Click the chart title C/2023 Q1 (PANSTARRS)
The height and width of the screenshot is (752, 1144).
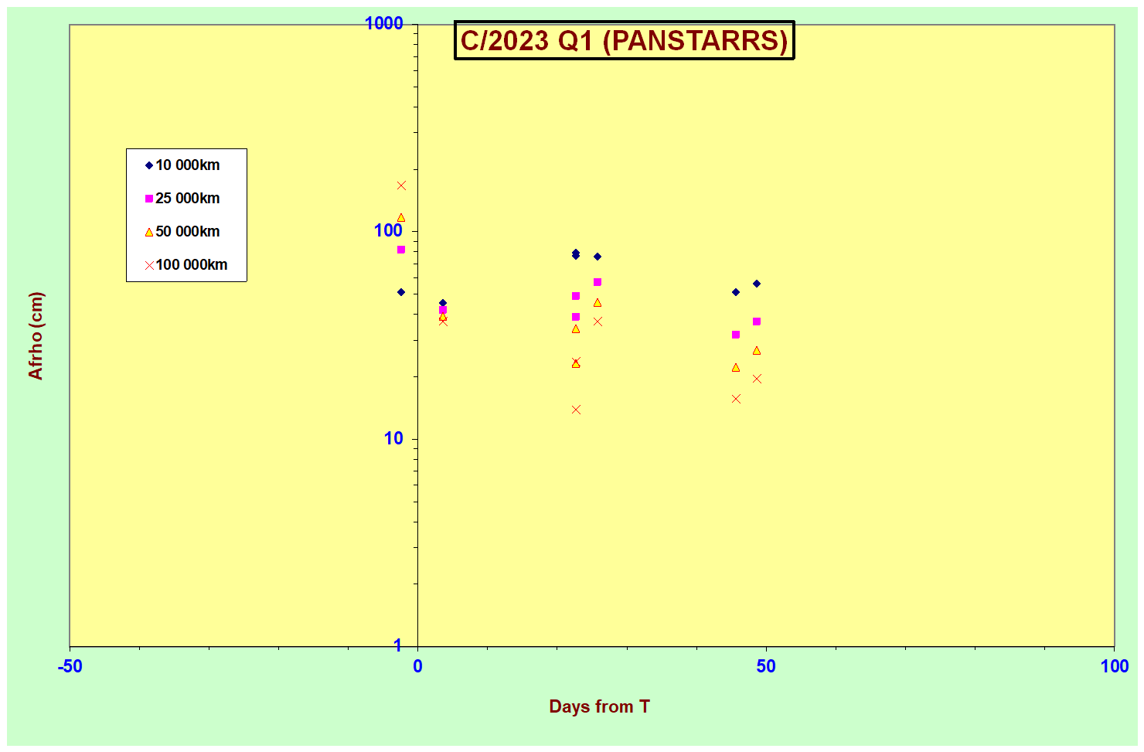(624, 41)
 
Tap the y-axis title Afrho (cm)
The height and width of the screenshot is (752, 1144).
(36, 335)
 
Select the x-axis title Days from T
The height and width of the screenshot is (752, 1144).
(599, 706)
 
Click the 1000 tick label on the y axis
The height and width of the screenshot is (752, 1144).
(384, 24)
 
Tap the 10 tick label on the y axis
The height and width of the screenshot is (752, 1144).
(393, 439)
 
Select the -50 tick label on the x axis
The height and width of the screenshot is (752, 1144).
(70, 667)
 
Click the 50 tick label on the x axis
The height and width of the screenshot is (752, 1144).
(765, 667)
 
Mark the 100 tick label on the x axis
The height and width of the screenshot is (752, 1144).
(1115, 667)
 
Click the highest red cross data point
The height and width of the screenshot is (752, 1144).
(401, 185)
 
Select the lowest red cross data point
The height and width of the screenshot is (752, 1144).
(576, 410)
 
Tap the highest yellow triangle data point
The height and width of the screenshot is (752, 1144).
(401, 218)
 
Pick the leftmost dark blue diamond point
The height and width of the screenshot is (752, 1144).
(401, 292)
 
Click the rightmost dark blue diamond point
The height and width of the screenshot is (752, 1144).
(757, 284)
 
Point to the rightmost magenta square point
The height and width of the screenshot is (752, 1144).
(757, 322)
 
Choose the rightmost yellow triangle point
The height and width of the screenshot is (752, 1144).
(757, 351)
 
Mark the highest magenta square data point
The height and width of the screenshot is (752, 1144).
(401, 250)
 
